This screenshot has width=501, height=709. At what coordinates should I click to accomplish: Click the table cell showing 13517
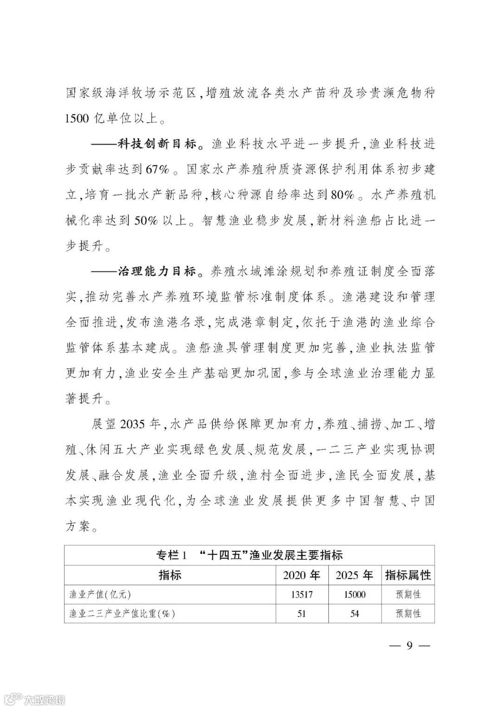pyautogui.click(x=302, y=594)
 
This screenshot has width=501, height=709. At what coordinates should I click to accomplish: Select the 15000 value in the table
pyautogui.click(x=354, y=594)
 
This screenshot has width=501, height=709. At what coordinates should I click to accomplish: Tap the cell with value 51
pyautogui.click(x=302, y=613)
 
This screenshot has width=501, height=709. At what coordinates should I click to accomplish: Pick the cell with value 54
pyautogui.click(x=354, y=613)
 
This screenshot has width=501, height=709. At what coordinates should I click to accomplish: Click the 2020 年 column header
pyautogui.click(x=302, y=575)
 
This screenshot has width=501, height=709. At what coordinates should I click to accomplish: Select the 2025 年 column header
pyautogui.click(x=354, y=575)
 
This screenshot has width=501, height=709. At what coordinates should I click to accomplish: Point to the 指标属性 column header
pyautogui.click(x=408, y=575)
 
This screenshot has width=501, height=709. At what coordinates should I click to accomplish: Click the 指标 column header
pyautogui.click(x=170, y=575)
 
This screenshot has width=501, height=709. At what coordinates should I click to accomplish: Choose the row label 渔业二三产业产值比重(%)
pyautogui.click(x=122, y=613)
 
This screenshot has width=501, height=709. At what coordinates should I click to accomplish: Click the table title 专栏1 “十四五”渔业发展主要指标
pyautogui.click(x=249, y=555)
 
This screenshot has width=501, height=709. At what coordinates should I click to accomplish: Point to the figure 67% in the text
pyautogui.click(x=158, y=170)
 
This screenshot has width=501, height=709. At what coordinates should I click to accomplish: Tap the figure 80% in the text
pyautogui.click(x=343, y=195)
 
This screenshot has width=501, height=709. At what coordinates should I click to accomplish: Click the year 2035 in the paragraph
pyautogui.click(x=133, y=424)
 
